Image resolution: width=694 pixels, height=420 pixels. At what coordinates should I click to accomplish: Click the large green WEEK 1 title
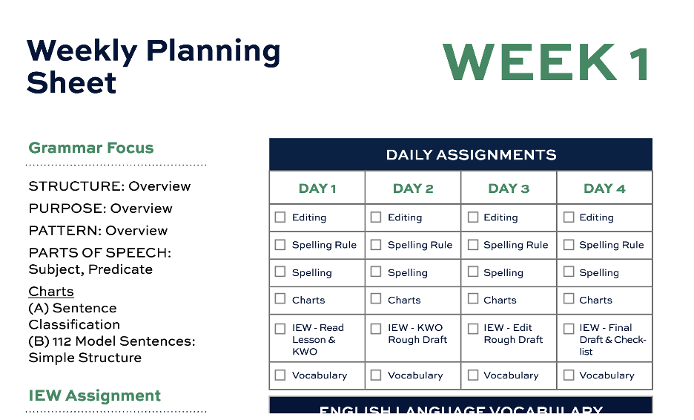coord(546,63)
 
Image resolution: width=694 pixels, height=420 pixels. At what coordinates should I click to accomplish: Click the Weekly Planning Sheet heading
coord(153,66)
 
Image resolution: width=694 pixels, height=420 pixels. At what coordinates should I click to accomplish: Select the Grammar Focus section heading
coord(91,148)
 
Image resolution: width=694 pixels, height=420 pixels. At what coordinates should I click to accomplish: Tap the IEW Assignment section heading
coord(95,396)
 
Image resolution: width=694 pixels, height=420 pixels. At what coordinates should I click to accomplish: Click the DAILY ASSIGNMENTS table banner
coord(460,155)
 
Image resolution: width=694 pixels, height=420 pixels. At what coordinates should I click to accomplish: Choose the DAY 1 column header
coord(317,188)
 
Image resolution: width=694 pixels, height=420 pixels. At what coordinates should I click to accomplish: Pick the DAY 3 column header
coord(509,188)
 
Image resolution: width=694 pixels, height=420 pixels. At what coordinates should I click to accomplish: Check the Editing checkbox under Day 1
coord(280,217)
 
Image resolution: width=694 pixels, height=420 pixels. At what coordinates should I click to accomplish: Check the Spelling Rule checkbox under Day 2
coord(376,245)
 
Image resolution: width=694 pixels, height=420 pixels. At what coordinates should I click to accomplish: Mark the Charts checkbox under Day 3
coord(472,300)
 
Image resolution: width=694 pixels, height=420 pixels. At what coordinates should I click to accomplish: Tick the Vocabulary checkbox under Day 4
coord(569,375)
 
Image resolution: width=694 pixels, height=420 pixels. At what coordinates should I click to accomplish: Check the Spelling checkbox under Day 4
coord(569,272)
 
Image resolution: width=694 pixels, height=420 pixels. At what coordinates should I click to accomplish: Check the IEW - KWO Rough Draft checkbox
coord(376,328)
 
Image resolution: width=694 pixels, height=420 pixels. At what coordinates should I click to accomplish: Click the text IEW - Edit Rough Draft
coord(513,333)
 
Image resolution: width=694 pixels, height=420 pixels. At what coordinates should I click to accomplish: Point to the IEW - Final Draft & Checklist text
coord(612,339)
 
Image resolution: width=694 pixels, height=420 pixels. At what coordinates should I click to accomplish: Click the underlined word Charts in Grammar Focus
coord(51,292)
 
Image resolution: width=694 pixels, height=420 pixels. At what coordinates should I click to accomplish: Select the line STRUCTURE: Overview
coord(110,186)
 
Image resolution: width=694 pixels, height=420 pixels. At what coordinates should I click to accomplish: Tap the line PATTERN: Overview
coord(98,231)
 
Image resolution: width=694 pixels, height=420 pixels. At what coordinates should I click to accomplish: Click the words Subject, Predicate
coord(90,269)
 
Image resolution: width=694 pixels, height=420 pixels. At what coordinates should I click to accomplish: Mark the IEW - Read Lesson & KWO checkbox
coord(280,328)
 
